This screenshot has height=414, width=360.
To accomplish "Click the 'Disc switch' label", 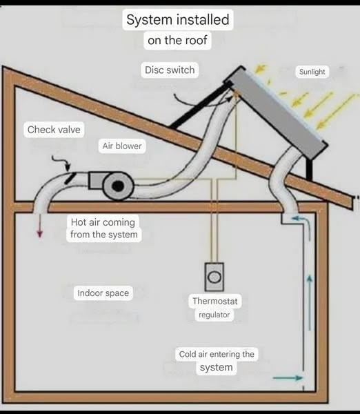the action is point(170,70).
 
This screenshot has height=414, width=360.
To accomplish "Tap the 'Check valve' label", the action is point(54,130).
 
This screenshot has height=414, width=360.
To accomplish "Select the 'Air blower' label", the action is point(122,146).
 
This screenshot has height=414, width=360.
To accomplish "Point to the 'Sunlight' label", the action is point(312,72).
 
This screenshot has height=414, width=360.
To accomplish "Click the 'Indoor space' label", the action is point(103,293).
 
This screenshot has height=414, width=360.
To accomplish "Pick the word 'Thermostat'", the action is point(215,301).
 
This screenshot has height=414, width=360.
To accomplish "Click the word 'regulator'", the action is point(214,315).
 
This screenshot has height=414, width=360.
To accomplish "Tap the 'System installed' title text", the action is point(178,20).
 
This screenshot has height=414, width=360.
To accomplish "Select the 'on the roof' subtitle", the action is point(177,41).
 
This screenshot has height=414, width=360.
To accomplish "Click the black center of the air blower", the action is point(118,186).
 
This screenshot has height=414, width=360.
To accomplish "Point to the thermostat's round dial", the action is point(214,277).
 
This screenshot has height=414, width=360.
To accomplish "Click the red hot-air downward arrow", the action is point(39,225).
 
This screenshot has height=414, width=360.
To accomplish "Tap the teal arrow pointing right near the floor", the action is point(288,378).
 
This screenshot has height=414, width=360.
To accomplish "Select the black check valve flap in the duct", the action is point(70,177).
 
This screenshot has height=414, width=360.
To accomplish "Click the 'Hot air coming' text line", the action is point(103,222).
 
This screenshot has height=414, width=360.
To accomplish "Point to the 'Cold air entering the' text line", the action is point(217,354).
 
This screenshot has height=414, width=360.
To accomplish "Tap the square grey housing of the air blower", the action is point(97,180).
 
